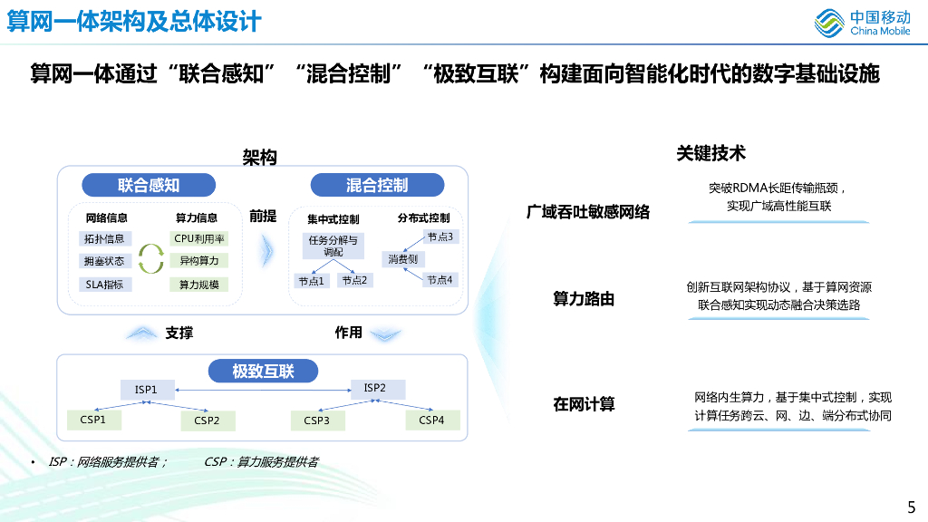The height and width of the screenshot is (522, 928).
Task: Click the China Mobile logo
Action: point(862,23)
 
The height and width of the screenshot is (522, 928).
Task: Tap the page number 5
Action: point(911,507)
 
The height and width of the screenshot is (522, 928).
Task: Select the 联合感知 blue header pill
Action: point(149,186)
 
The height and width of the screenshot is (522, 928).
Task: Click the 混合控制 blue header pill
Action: point(377,186)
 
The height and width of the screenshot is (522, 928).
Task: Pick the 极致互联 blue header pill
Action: point(263,371)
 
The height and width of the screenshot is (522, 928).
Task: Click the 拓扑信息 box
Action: point(105,239)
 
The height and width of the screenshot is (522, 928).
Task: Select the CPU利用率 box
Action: point(199,239)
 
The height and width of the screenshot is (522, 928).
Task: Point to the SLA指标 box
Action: point(105,285)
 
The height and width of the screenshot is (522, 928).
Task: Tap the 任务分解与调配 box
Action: point(333,246)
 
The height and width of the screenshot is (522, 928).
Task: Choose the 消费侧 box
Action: point(402,259)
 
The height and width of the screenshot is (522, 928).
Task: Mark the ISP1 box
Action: point(146,390)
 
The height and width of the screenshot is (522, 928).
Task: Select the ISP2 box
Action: point(375,389)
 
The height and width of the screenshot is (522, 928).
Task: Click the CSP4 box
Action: point(431,420)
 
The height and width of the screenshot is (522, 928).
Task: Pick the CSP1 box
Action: point(93,420)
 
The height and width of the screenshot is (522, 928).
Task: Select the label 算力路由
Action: point(584,299)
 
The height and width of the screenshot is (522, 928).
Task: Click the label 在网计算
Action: point(584,404)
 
